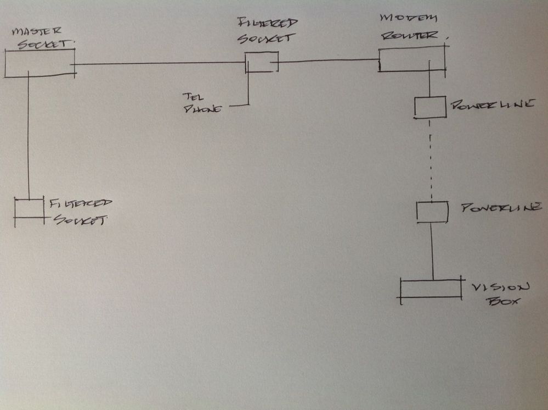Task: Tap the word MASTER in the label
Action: [x=36, y=31]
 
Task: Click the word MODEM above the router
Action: [x=408, y=18]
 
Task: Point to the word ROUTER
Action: [x=410, y=35]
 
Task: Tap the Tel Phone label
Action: [x=202, y=103]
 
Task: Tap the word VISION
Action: [x=500, y=288]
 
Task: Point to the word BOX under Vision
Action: [x=503, y=301]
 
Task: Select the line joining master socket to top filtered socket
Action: [x=159, y=63]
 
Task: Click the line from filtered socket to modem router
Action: [x=329, y=61]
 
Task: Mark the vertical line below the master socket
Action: [x=29, y=135]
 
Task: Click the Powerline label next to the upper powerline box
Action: [x=493, y=104]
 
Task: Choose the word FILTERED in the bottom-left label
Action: [x=81, y=203]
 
